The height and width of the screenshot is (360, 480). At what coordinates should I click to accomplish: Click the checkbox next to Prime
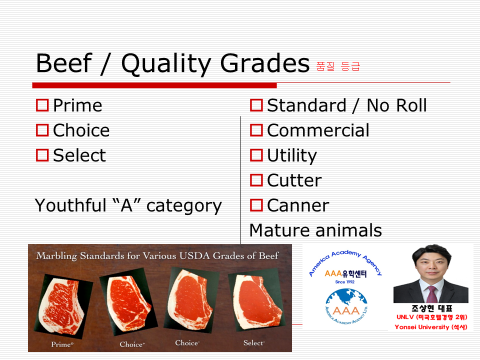(42, 105)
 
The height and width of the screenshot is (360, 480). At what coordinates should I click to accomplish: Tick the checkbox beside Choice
(42, 130)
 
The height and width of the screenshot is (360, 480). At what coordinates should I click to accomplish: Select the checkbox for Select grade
(42, 155)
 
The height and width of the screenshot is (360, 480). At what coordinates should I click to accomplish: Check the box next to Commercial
(256, 130)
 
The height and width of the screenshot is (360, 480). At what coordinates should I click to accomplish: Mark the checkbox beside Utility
(256, 155)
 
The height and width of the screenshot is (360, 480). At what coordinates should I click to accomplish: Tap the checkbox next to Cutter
(256, 180)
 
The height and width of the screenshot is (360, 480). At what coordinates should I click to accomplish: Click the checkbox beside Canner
(256, 205)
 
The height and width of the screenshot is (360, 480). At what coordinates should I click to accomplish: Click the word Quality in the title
(165, 64)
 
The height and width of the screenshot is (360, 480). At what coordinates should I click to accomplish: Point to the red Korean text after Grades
(338, 66)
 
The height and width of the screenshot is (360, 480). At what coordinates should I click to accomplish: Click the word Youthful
(70, 205)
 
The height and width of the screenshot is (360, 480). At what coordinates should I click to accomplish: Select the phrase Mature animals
(315, 230)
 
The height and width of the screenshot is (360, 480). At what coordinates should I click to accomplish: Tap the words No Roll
(396, 105)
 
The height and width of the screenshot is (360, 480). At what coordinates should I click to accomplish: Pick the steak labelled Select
(256, 301)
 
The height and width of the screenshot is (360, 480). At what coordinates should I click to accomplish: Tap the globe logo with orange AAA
(346, 306)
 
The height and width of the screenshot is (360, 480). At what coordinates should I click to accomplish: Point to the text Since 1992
(345, 282)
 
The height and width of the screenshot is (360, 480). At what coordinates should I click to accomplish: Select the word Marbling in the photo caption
(56, 256)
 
